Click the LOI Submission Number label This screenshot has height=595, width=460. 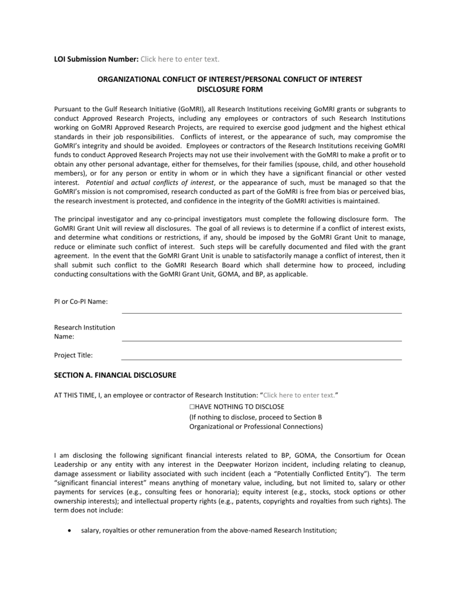tap(96, 59)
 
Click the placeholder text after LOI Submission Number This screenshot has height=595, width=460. tap(180, 59)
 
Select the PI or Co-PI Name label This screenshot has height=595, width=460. tap(80, 301)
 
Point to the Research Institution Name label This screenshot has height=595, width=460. tap(84, 332)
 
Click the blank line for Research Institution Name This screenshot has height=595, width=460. tap(261, 340)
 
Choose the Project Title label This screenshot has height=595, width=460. tap(73, 355)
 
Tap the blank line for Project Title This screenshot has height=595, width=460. tap(261, 359)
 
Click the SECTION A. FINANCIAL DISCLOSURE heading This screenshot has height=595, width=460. tap(115, 375)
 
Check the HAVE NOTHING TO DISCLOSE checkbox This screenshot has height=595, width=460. tap(192, 407)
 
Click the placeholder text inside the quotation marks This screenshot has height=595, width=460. tap(299, 395)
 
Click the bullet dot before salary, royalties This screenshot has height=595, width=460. tap(70, 531)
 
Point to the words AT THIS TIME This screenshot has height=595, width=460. tap(75, 395)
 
